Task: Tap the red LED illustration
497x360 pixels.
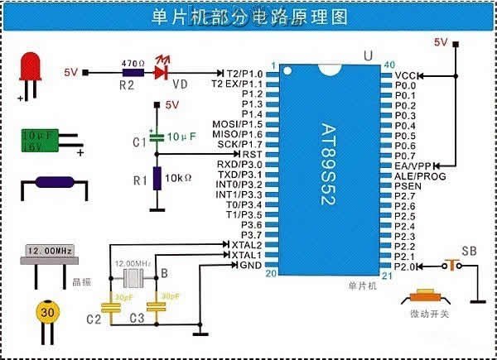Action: tap(32, 70)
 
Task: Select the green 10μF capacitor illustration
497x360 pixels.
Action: tap(39, 140)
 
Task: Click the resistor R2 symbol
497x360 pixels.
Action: tap(127, 73)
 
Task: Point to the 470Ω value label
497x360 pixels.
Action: tap(133, 62)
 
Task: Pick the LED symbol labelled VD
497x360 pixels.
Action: tap(163, 73)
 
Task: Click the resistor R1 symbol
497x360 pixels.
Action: tap(157, 177)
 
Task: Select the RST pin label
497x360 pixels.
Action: tap(250, 154)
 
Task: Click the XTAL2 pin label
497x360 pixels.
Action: tap(246, 245)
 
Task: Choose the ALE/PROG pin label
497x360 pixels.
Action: tap(421, 175)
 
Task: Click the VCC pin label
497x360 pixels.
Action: tap(405, 74)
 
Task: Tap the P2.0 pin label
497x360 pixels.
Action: tap(405, 266)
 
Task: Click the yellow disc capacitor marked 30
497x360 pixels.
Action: tap(48, 314)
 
